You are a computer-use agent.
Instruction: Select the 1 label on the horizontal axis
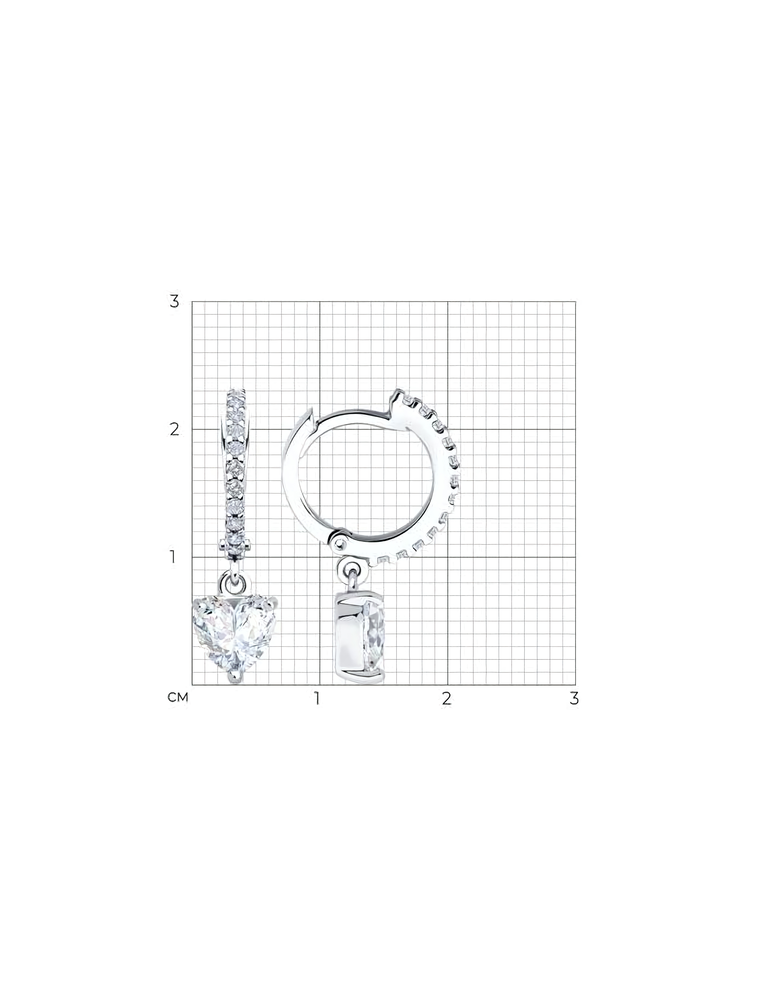click(x=317, y=698)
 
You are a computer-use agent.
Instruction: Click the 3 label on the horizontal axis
click(x=574, y=698)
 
